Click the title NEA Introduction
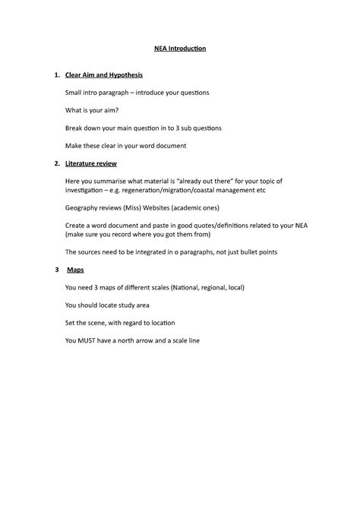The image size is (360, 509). [x=180, y=49]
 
